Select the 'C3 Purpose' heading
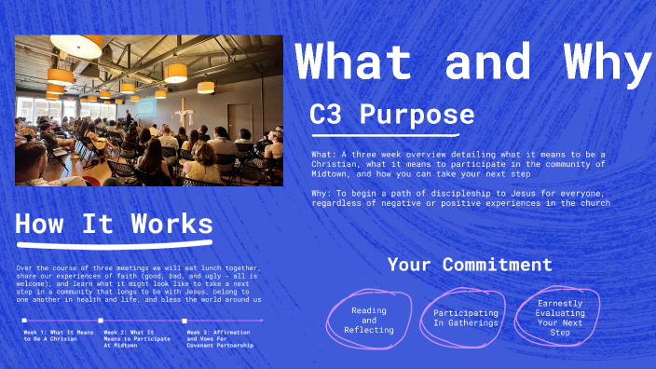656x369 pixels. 391,115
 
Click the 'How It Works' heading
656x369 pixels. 113,225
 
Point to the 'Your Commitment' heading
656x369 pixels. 470,265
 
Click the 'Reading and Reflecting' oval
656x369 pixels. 369,320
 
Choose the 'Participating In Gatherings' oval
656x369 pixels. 463,315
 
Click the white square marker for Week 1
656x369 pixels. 24,321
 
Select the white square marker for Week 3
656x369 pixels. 184,321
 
